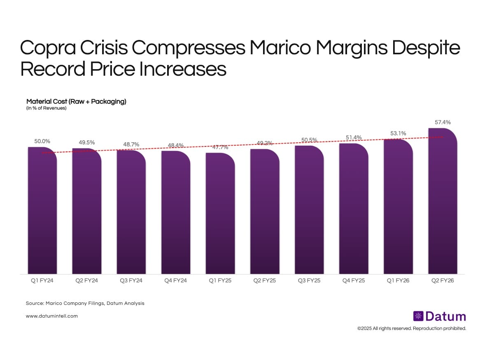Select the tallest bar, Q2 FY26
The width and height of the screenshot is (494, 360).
[x=443, y=202]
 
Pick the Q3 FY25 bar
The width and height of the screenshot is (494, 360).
[x=309, y=210]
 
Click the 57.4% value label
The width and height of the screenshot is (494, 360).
[x=443, y=122]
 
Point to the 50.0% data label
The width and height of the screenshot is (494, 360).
[x=42, y=141]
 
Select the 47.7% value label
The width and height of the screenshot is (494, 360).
[x=220, y=147]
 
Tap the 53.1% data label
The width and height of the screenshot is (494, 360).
[x=398, y=133]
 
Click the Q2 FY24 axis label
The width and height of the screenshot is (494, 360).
[x=86, y=281]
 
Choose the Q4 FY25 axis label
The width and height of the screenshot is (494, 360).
[x=354, y=281]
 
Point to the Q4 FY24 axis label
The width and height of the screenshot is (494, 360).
[x=176, y=281]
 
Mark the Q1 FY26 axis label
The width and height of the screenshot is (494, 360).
[x=398, y=281]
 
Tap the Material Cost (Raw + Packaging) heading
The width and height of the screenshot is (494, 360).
[x=76, y=101]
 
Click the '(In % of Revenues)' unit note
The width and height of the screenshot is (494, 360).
[x=46, y=108]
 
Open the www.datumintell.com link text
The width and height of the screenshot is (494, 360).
[x=51, y=316]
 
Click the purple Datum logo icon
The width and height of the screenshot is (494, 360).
[x=418, y=316]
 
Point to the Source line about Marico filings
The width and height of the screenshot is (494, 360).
[x=85, y=303]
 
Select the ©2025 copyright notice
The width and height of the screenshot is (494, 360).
[x=411, y=329]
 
